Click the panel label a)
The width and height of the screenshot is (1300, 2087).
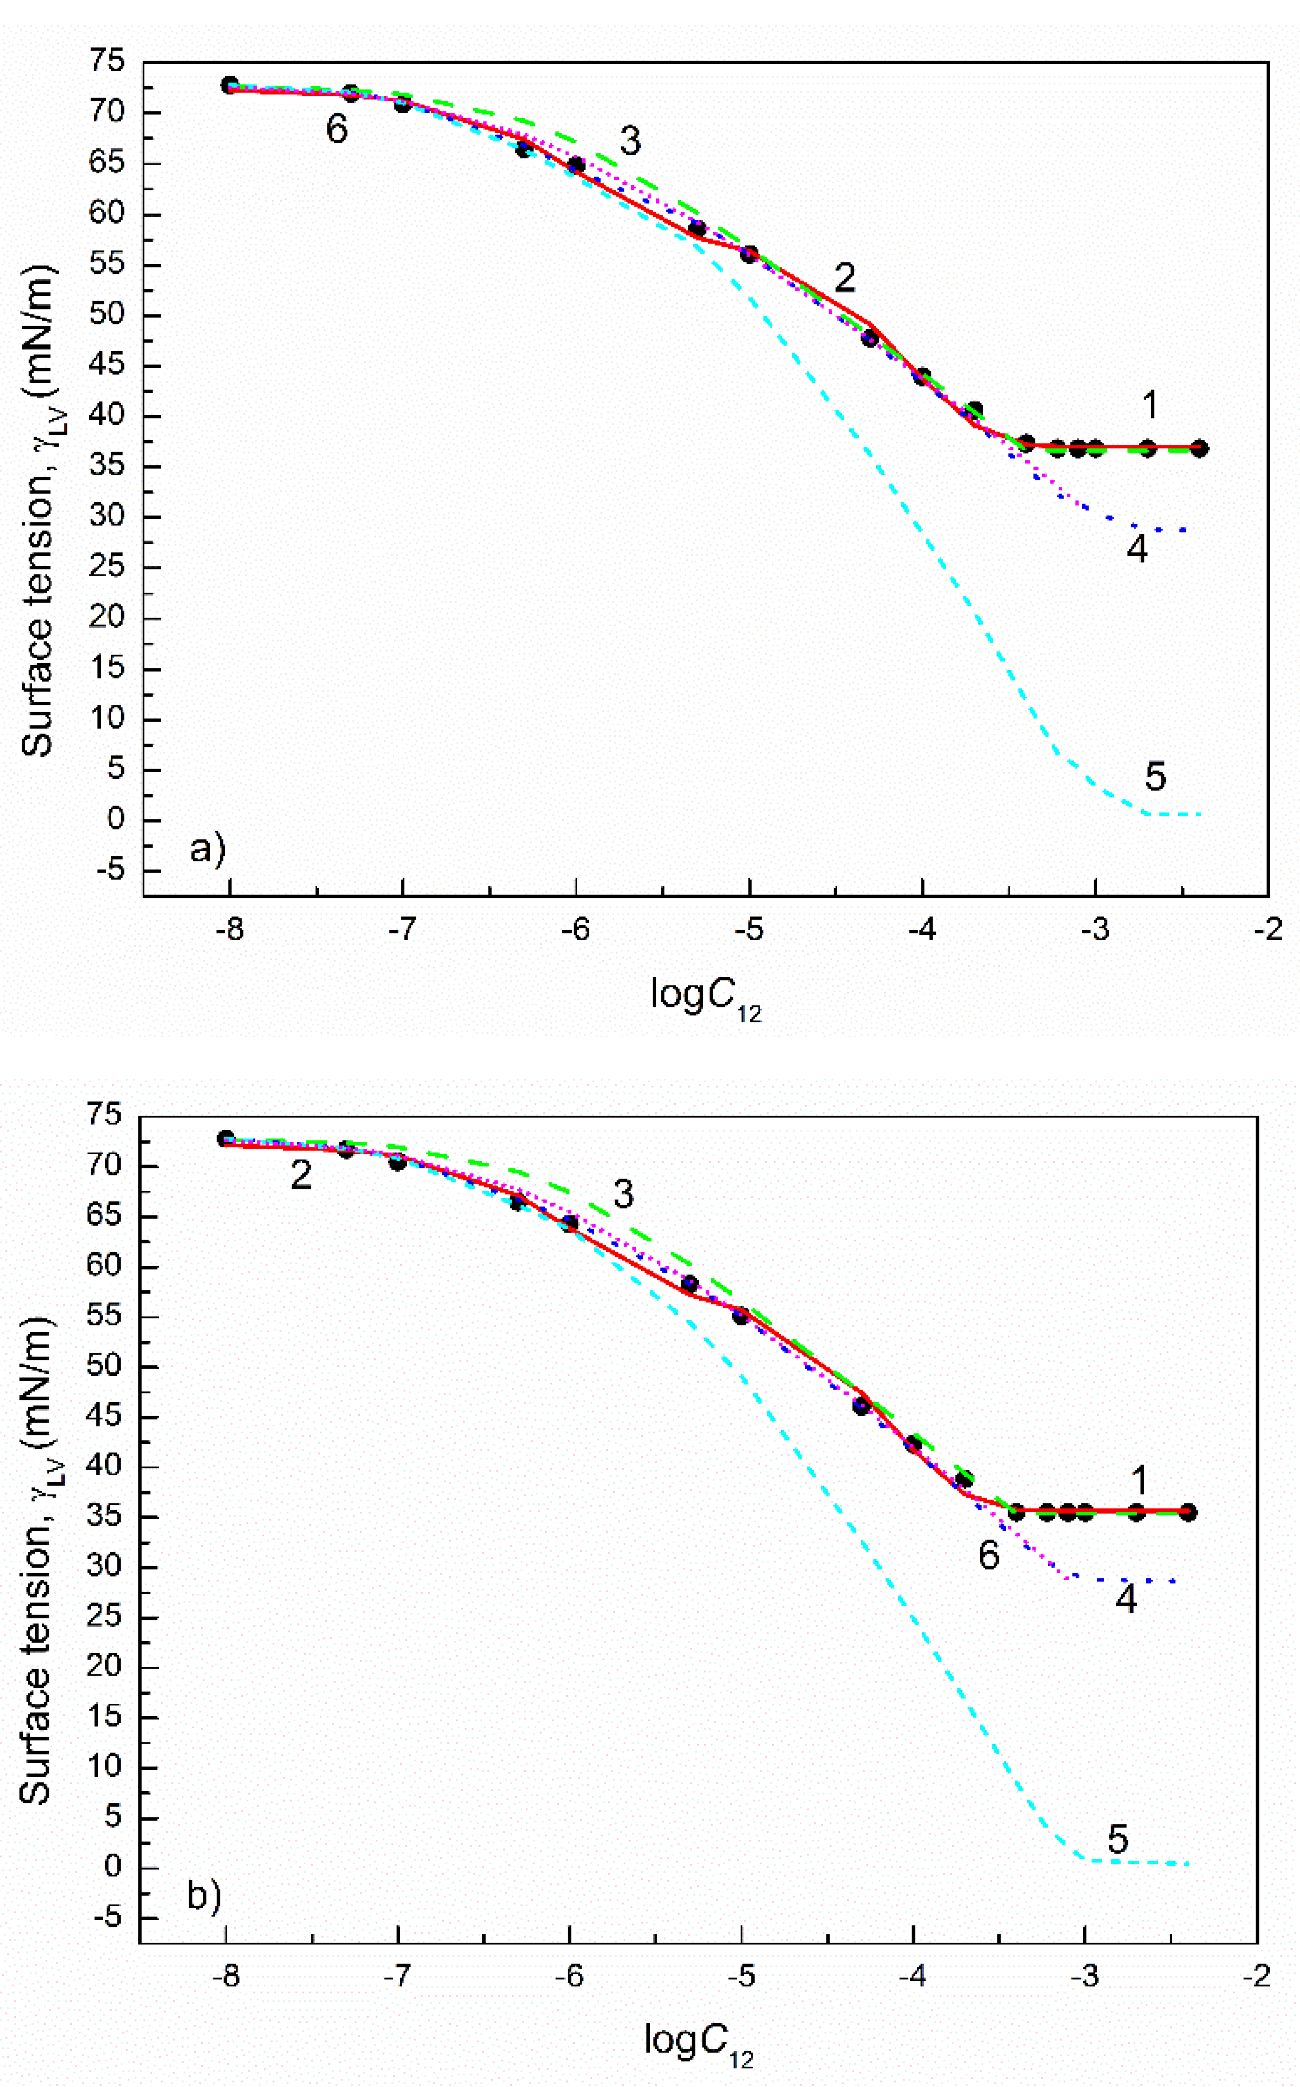pyautogui.click(x=207, y=849)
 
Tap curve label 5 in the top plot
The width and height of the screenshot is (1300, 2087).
pyautogui.click(x=1155, y=776)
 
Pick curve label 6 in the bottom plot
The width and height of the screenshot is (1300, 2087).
pyautogui.click(x=989, y=1555)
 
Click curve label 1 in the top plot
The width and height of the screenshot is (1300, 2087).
pyautogui.click(x=1149, y=405)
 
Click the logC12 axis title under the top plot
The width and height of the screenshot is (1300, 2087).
pyautogui.click(x=705, y=997)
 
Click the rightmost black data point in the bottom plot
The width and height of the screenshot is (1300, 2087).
pyautogui.click(x=1187, y=1512)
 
